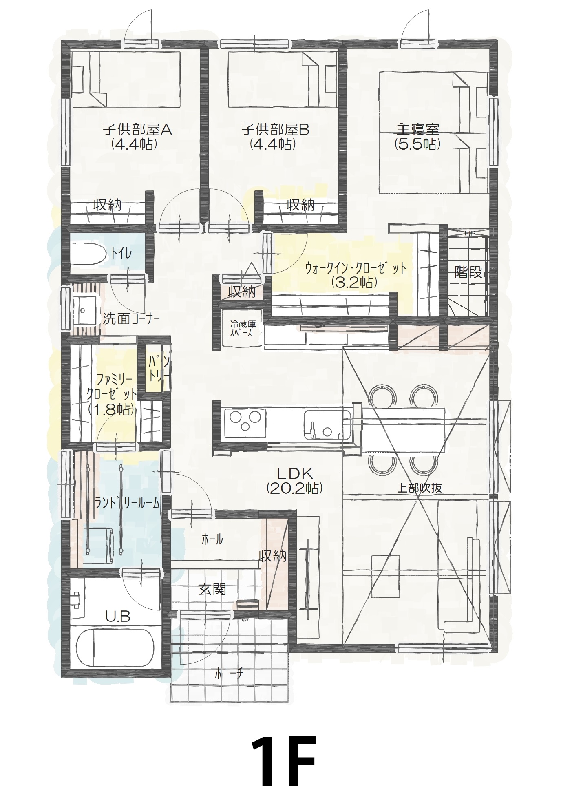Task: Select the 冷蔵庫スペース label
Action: (243, 328)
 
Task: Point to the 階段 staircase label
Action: (468, 272)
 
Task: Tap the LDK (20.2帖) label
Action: (295, 481)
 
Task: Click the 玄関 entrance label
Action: (212, 589)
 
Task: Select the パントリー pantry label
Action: (155, 368)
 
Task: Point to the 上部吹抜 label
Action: (420, 488)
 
